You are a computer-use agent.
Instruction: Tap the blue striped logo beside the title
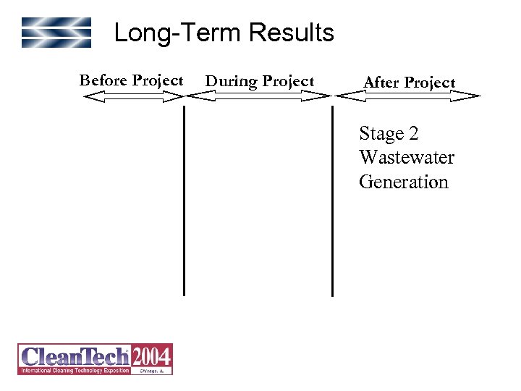pos(56,33)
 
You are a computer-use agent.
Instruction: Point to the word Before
pos(103,80)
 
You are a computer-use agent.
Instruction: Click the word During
pos(232,81)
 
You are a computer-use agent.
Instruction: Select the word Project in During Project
pos(287,81)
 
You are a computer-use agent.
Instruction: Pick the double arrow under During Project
pos(259,95)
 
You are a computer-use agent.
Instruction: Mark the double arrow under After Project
pos(409,95)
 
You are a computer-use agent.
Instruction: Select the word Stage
pos(381,135)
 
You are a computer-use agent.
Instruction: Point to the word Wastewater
pos(407,158)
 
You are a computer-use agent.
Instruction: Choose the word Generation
pos(404,182)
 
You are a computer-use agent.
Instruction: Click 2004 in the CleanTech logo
pos(151,356)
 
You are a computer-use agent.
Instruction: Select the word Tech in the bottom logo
pos(106,356)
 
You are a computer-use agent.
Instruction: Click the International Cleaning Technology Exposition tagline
pos(75,370)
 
